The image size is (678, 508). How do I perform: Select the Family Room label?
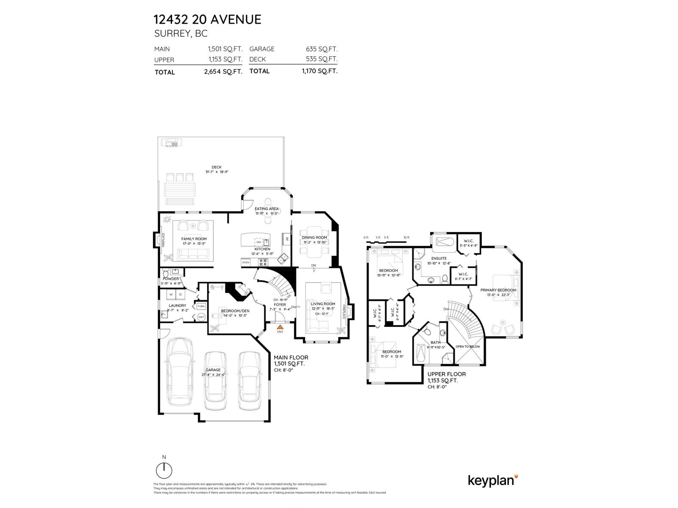[194, 239]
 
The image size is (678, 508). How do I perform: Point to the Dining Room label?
[314, 237]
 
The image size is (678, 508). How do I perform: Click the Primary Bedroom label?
[498, 290]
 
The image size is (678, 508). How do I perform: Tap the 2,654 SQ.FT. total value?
[223, 72]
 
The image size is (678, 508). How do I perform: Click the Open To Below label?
[468, 346]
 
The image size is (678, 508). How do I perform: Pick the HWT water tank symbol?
[201, 317]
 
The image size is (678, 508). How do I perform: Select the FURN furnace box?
[201, 306]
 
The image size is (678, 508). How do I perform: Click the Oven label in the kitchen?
[246, 262]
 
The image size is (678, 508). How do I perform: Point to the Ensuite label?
[439, 258]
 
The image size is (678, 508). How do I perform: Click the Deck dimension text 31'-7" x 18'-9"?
[217, 172]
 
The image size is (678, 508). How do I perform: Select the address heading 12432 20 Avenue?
[207, 19]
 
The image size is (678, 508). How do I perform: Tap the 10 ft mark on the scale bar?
[406, 238]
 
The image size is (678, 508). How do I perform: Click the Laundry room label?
[177, 305]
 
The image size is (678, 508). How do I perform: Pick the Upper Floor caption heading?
[446, 374]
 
